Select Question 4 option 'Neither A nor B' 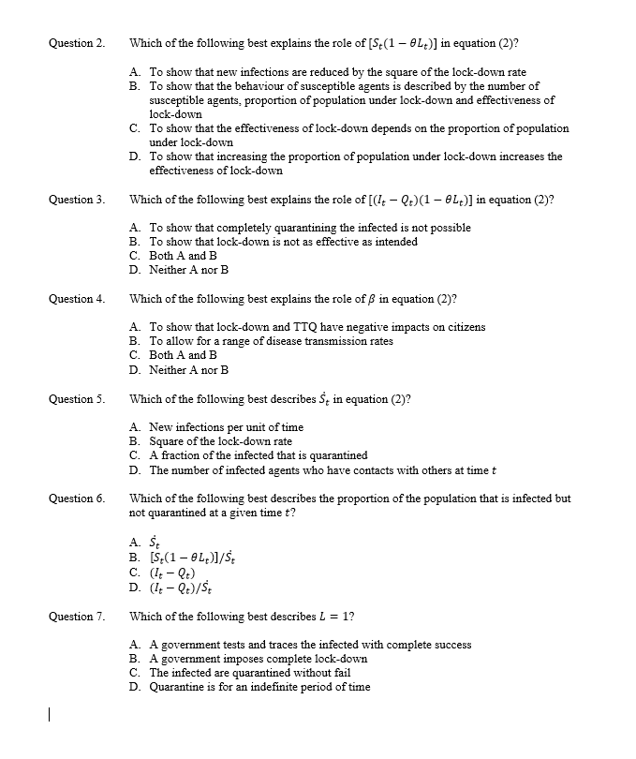(188, 369)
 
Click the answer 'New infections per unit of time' (226, 426)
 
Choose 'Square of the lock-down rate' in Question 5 (220, 440)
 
